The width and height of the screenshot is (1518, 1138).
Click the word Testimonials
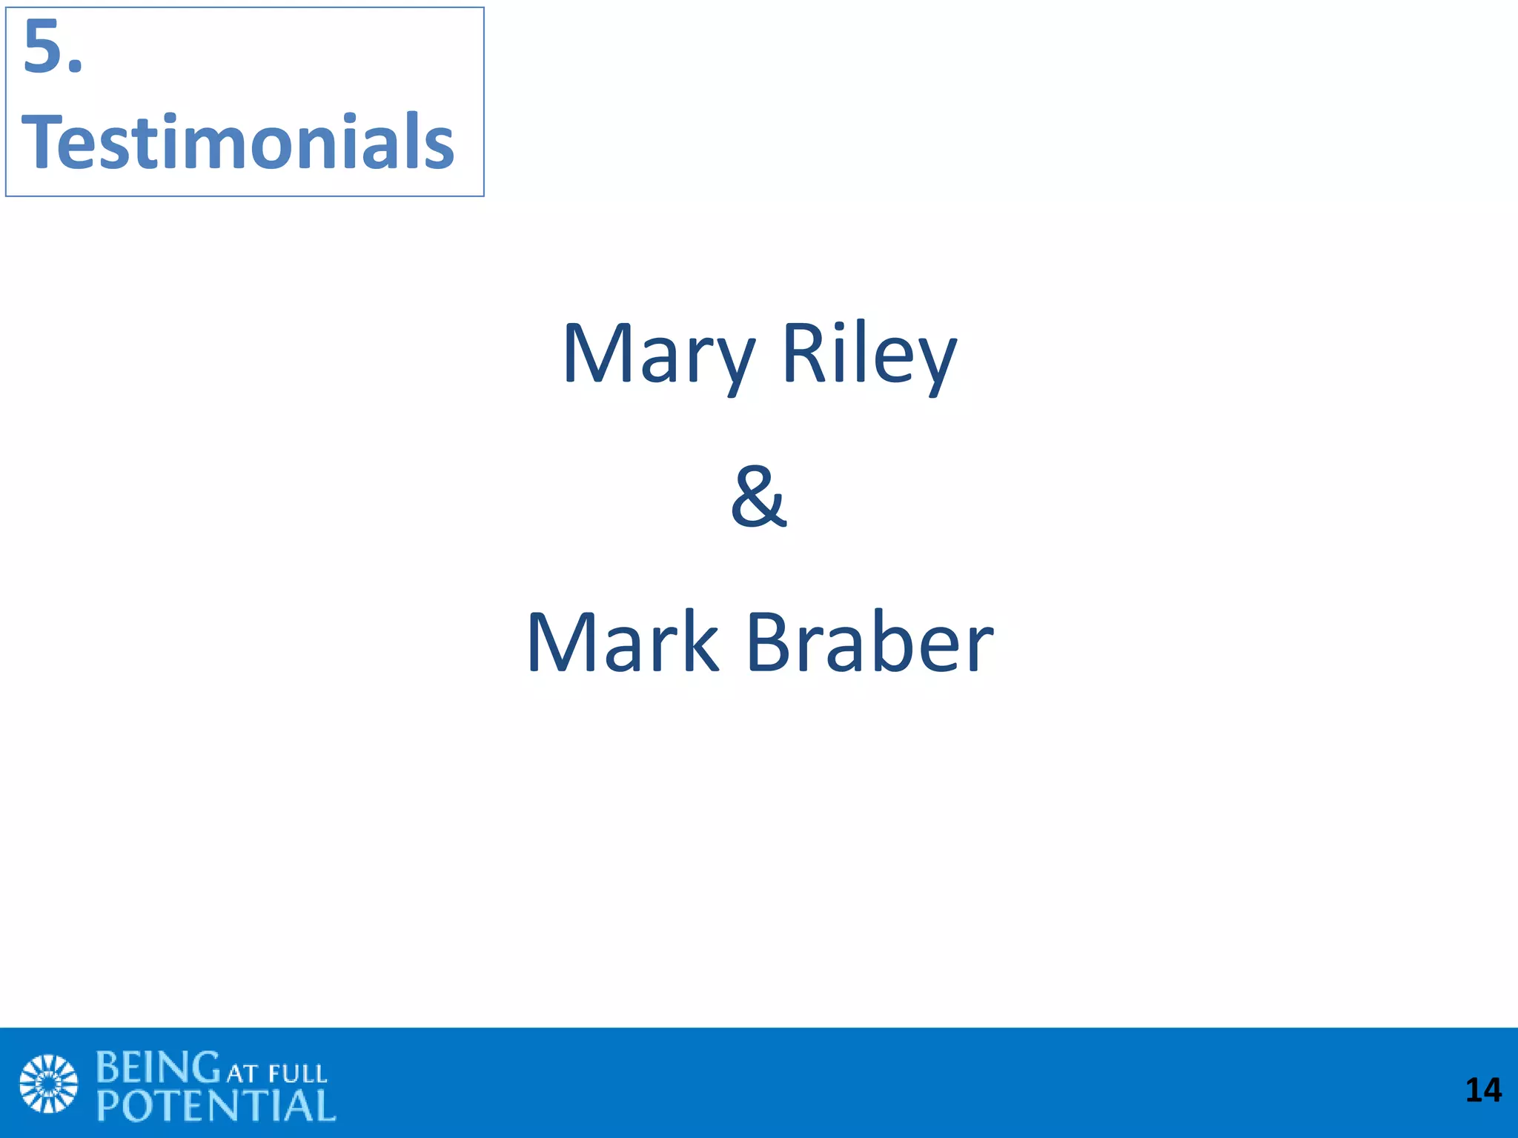[238, 142]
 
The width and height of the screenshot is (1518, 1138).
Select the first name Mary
[658, 356]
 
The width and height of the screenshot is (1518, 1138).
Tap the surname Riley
[869, 356]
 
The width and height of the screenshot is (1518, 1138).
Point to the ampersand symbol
[758, 497]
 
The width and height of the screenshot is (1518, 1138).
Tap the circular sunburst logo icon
[48, 1083]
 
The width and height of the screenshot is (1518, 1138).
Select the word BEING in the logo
[158, 1068]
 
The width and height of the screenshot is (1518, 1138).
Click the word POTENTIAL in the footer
[216, 1106]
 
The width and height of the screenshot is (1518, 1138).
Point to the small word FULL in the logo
[297, 1074]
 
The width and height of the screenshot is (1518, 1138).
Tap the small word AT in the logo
[242, 1074]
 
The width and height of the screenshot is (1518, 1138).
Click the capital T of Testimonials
[44, 142]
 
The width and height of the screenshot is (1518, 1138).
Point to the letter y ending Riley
[934, 363]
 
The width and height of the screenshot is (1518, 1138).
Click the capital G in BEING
[205, 1068]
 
